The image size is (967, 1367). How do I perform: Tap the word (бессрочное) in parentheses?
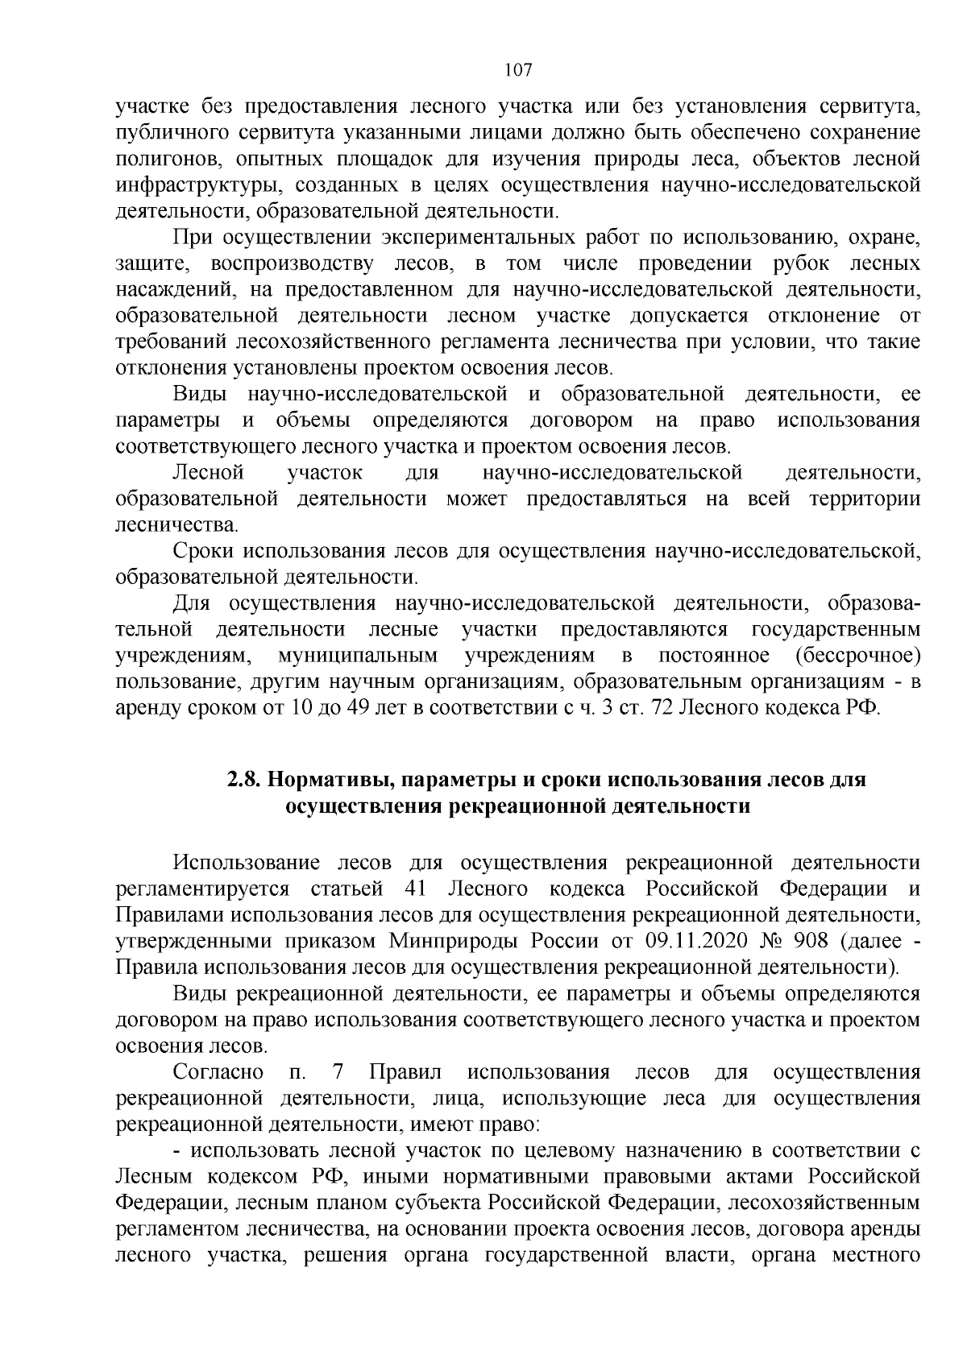(x=857, y=655)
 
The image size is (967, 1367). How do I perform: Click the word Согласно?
(x=218, y=1071)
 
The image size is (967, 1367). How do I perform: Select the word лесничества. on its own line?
(x=177, y=525)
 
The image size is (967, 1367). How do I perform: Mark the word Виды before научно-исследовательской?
(x=201, y=395)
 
